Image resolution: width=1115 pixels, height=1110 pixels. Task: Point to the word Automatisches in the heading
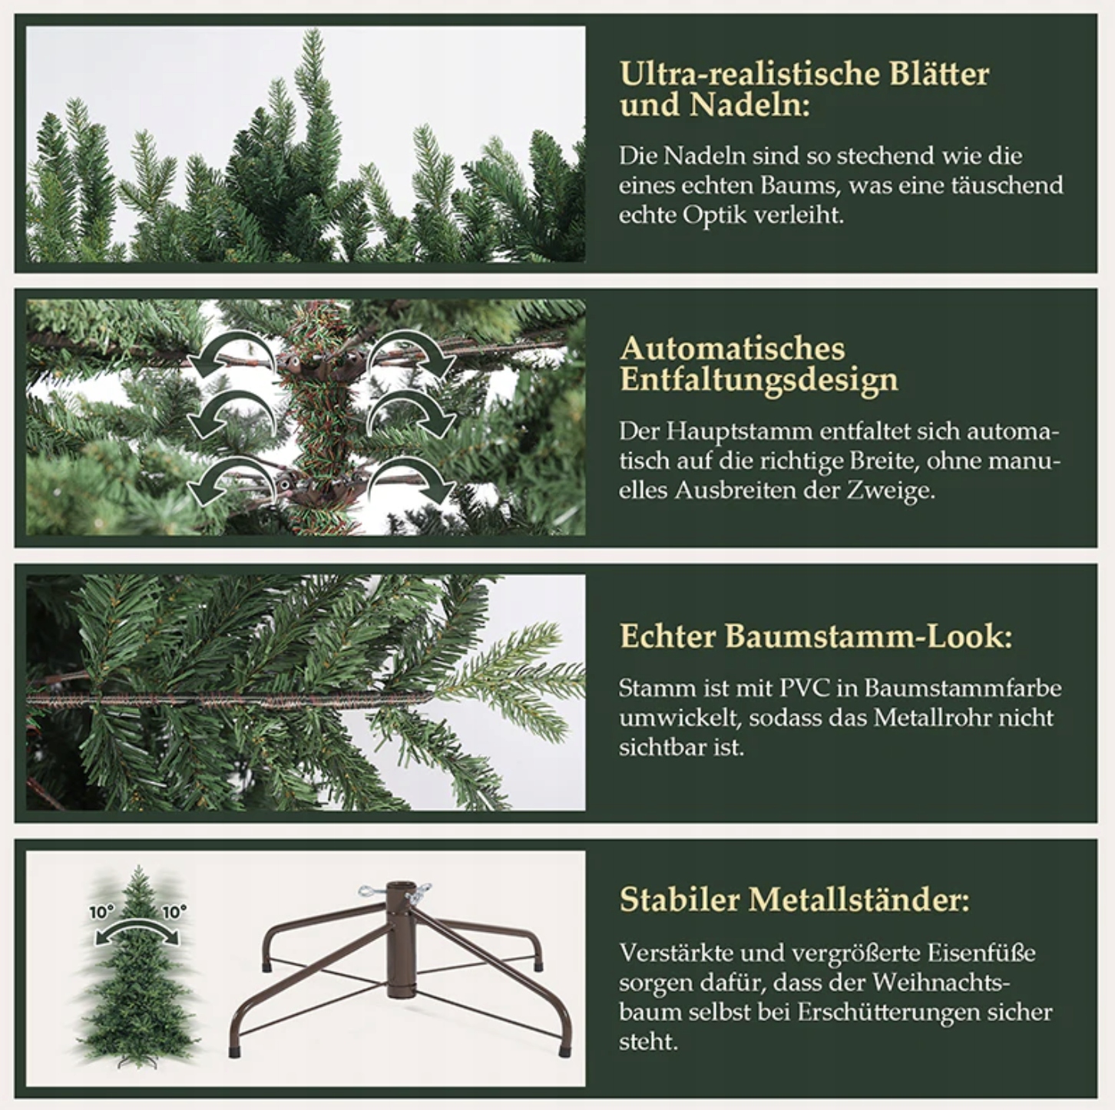(x=733, y=349)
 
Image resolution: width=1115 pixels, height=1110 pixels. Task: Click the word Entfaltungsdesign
(x=759, y=381)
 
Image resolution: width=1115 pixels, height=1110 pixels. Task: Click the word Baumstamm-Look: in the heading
(x=869, y=636)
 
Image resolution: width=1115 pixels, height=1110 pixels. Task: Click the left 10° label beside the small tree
(x=101, y=912)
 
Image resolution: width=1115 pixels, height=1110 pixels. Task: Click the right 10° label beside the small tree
(x=174, y=912)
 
